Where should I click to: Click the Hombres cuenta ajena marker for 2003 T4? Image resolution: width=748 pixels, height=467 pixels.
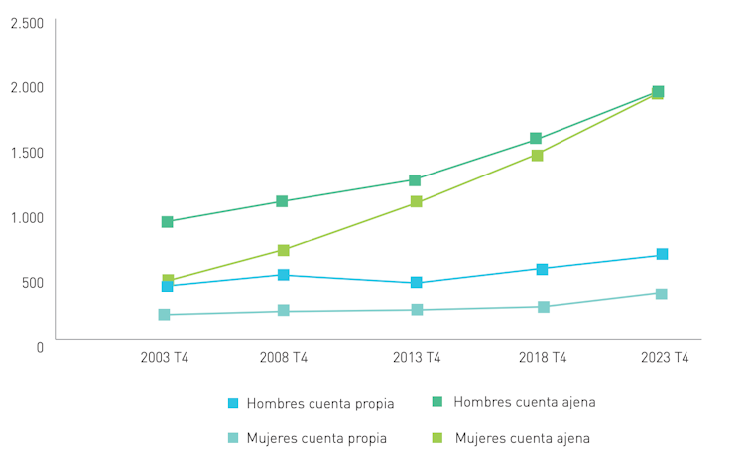[167, 222]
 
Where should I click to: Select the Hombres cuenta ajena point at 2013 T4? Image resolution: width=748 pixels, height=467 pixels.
[415, 180]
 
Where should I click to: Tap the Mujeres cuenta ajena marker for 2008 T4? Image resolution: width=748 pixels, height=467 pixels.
[283, 250]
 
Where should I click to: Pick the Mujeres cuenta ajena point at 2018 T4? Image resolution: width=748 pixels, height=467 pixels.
[537, 156]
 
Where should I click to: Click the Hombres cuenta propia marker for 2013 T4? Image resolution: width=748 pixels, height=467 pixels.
[416, 283]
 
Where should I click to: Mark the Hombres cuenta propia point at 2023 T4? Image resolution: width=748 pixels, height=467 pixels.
[662, 255]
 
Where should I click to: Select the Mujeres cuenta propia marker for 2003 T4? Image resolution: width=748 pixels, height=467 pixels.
[164, 315]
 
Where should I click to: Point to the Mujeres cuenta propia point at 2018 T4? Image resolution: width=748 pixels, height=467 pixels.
[544, 307]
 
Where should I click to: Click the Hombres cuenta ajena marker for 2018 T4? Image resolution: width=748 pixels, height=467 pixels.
[536, 139]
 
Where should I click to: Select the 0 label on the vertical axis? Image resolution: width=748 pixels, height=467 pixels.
[40, 347]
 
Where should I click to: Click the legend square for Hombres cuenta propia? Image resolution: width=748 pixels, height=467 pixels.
[233, 404]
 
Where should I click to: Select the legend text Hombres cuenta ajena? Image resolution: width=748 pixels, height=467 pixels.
[524, 402]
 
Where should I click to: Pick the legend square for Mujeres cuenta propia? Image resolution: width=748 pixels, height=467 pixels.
[233, 438]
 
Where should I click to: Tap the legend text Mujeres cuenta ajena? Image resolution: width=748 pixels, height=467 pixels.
[523, 438]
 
